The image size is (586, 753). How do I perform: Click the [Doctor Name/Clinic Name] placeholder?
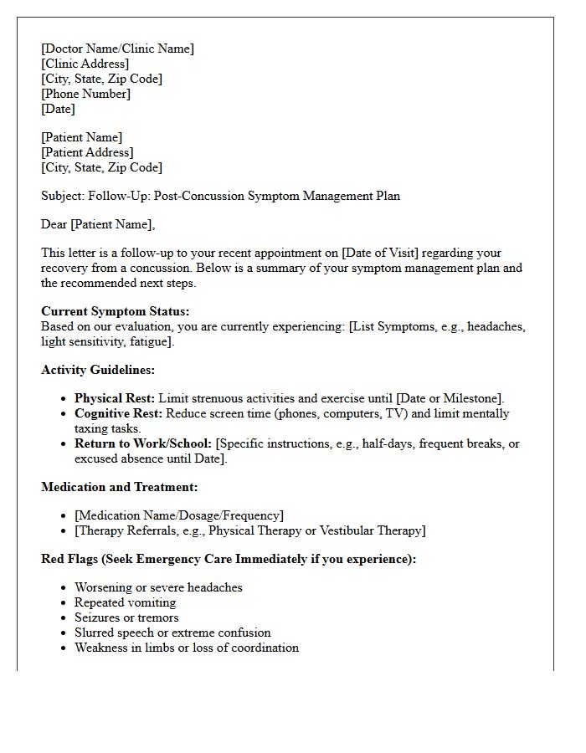point(117,49)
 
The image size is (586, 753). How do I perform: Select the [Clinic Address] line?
point(85,64)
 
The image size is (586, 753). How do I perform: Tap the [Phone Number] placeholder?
point(85,94)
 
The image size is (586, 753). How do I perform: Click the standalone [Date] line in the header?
point(58,109)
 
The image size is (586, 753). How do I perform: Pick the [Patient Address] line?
point(87,152)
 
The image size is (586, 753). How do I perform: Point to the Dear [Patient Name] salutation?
point(98,224)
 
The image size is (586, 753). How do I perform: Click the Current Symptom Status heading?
point(116,311)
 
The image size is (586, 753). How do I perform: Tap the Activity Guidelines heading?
point(98,370)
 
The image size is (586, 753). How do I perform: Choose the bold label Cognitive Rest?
point(117,413)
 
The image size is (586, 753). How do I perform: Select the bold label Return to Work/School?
point(143,443)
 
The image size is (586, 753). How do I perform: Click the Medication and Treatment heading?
point(120,487)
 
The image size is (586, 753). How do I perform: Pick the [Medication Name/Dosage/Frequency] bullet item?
point(179,515)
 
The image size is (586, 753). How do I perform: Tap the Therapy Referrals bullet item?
point(249,530)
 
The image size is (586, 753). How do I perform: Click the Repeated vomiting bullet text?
point(125,602)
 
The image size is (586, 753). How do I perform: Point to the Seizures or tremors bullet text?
point(126,617)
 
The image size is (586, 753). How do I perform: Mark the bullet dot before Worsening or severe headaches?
point(64,588)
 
